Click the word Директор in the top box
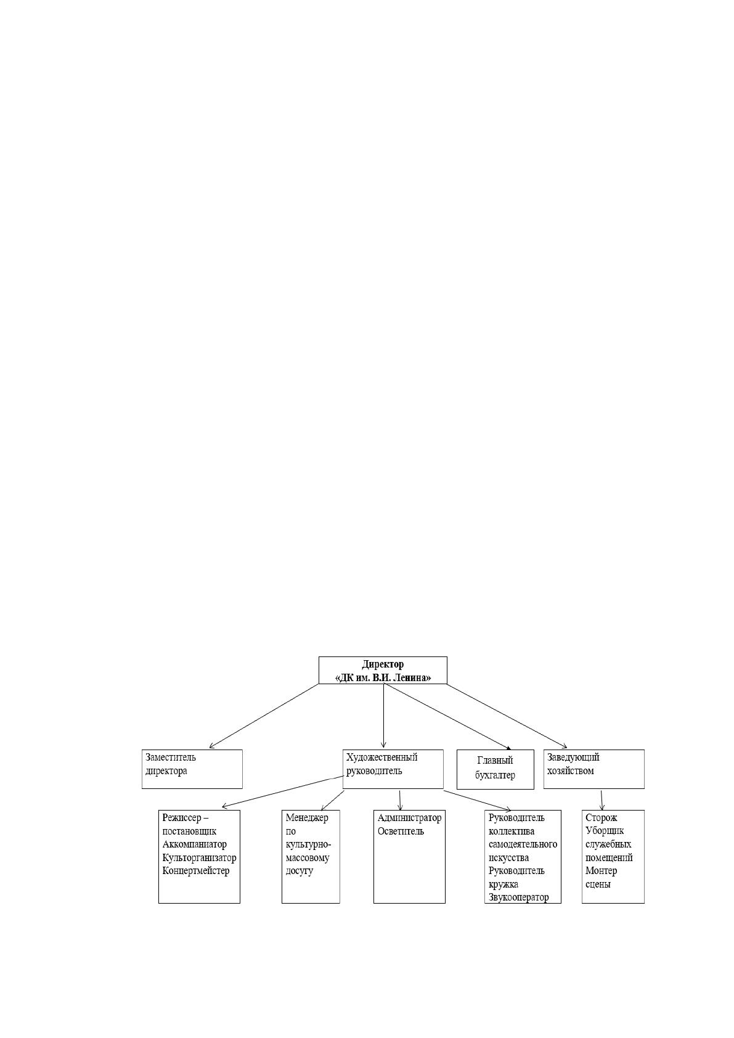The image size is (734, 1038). click(383, 664)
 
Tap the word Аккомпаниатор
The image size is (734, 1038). click(195, 844)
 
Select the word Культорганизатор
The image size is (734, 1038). click(199, 858)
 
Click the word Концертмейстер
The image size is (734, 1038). click(196, 871)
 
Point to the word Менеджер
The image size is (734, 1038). click(307, 817)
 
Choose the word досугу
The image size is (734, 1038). click(300, 871)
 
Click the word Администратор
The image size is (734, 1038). click(410, 818)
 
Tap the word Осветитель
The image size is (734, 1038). click(401, 831)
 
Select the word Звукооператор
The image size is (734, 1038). click(518, 897)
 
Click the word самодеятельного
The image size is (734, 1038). click(523, 844)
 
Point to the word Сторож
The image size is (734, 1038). click(601, 818)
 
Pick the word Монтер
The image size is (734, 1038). click(601, 871)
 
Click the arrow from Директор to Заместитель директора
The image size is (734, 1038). click(264, 716)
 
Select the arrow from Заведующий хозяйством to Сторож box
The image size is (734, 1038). click(602, 800)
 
